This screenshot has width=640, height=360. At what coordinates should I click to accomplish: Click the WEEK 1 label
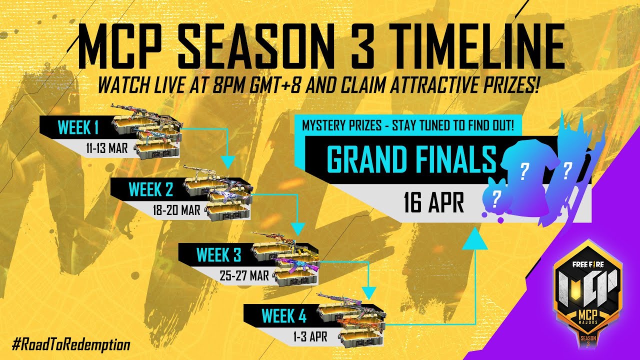point(78,128)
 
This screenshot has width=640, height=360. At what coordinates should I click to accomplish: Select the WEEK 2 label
point(150,190)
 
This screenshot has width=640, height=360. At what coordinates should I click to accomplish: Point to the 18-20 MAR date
point(176,209)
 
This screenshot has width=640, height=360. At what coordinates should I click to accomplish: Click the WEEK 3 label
point(218,255)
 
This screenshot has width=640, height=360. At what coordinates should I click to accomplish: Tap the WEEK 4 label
point(284,316)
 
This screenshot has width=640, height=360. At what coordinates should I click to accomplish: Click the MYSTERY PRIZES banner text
point(408,126)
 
